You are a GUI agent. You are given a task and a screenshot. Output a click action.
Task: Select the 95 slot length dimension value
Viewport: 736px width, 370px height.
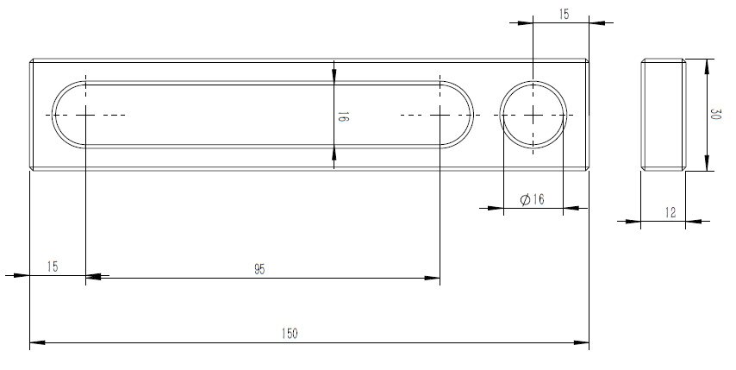coord(259,269)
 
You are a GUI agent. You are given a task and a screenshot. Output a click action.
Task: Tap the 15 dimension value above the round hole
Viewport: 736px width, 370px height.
coord(563,15)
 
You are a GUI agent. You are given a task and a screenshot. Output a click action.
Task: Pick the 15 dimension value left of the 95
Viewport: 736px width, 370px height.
coord(52,268)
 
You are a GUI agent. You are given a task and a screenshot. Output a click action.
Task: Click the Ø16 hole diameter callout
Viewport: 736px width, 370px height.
coord(533,199)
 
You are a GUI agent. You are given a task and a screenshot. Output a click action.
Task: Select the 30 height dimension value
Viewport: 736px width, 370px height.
coord(715,115)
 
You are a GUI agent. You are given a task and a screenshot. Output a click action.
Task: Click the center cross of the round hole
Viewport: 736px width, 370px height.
coord(534,115)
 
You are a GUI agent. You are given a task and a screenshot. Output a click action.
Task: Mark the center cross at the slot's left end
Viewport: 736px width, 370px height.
coord(86,115)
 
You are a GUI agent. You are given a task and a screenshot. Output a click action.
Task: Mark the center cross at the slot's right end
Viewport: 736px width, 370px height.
coord(440,115)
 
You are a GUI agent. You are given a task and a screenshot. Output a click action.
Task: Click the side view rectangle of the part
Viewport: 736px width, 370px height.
coord(663,115)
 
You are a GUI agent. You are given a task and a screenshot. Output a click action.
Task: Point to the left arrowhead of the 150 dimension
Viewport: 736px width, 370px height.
coord(36,343)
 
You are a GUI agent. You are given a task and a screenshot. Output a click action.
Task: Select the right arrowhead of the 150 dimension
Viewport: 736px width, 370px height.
coord(583,343)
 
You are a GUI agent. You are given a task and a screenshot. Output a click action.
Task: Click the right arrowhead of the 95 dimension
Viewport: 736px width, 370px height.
coord(434,278)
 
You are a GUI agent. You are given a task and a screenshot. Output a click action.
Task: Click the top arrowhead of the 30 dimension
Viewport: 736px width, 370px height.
coord(707,66)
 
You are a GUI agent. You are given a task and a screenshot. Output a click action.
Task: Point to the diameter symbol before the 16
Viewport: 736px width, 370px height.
coord(525,199)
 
